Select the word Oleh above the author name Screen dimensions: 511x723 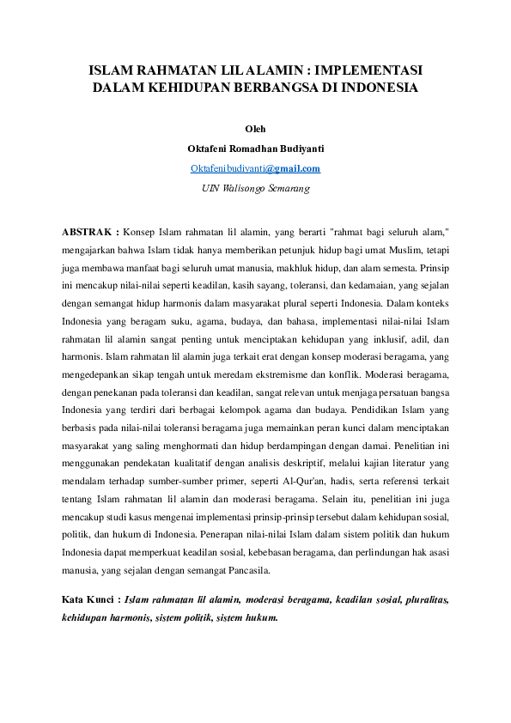pos(255,130)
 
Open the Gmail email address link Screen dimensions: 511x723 pos(255,168)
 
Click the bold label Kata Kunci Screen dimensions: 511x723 pos(90,598)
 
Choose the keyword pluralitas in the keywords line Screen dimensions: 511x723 pos(423,598)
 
